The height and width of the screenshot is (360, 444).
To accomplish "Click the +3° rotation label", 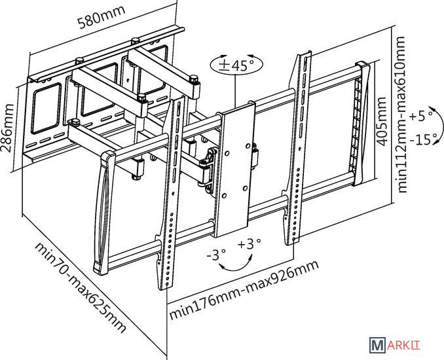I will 250,243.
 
